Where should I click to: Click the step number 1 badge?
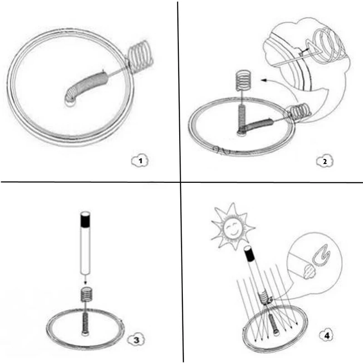[140, 161]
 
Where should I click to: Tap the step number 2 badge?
[324, 162]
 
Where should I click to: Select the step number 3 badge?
[137, 340]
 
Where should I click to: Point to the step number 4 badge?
[327, 335]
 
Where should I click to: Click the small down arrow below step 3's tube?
[85, 280]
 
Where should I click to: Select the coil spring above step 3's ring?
[87, 294]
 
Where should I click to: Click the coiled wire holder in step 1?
[140, 55]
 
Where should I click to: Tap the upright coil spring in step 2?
[242, 81]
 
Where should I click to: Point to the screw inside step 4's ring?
[273, 324]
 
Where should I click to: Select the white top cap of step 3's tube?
[85, 213]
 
